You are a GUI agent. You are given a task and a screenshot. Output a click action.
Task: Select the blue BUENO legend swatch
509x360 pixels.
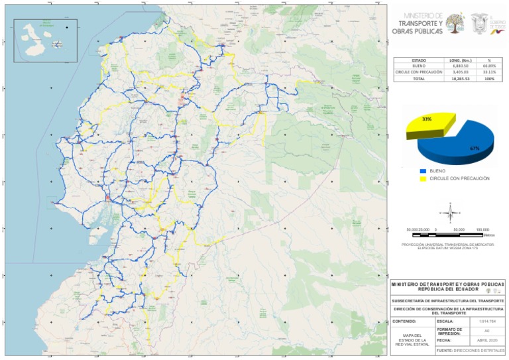point(422,171)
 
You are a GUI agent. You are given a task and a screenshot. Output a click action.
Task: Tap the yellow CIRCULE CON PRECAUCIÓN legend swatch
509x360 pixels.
point(422,178)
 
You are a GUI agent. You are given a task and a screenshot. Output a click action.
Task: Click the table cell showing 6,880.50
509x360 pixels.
point(461,66)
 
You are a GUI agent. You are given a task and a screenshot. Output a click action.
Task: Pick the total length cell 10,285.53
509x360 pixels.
point(461,78)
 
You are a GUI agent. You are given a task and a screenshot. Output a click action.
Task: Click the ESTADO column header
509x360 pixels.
point(419,60)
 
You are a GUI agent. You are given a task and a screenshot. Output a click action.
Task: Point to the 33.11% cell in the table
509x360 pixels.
point(489,72)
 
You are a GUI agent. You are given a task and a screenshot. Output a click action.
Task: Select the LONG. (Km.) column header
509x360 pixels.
point(461,60)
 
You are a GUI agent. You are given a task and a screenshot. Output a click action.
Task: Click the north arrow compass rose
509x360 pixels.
point(451,213)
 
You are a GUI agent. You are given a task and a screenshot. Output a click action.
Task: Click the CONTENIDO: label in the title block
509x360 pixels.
point(404,321)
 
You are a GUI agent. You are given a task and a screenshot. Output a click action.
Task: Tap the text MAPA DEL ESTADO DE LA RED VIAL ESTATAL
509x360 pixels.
point(413,339)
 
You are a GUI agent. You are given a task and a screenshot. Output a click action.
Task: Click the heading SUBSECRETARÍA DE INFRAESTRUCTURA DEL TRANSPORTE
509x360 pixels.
point(449,301)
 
